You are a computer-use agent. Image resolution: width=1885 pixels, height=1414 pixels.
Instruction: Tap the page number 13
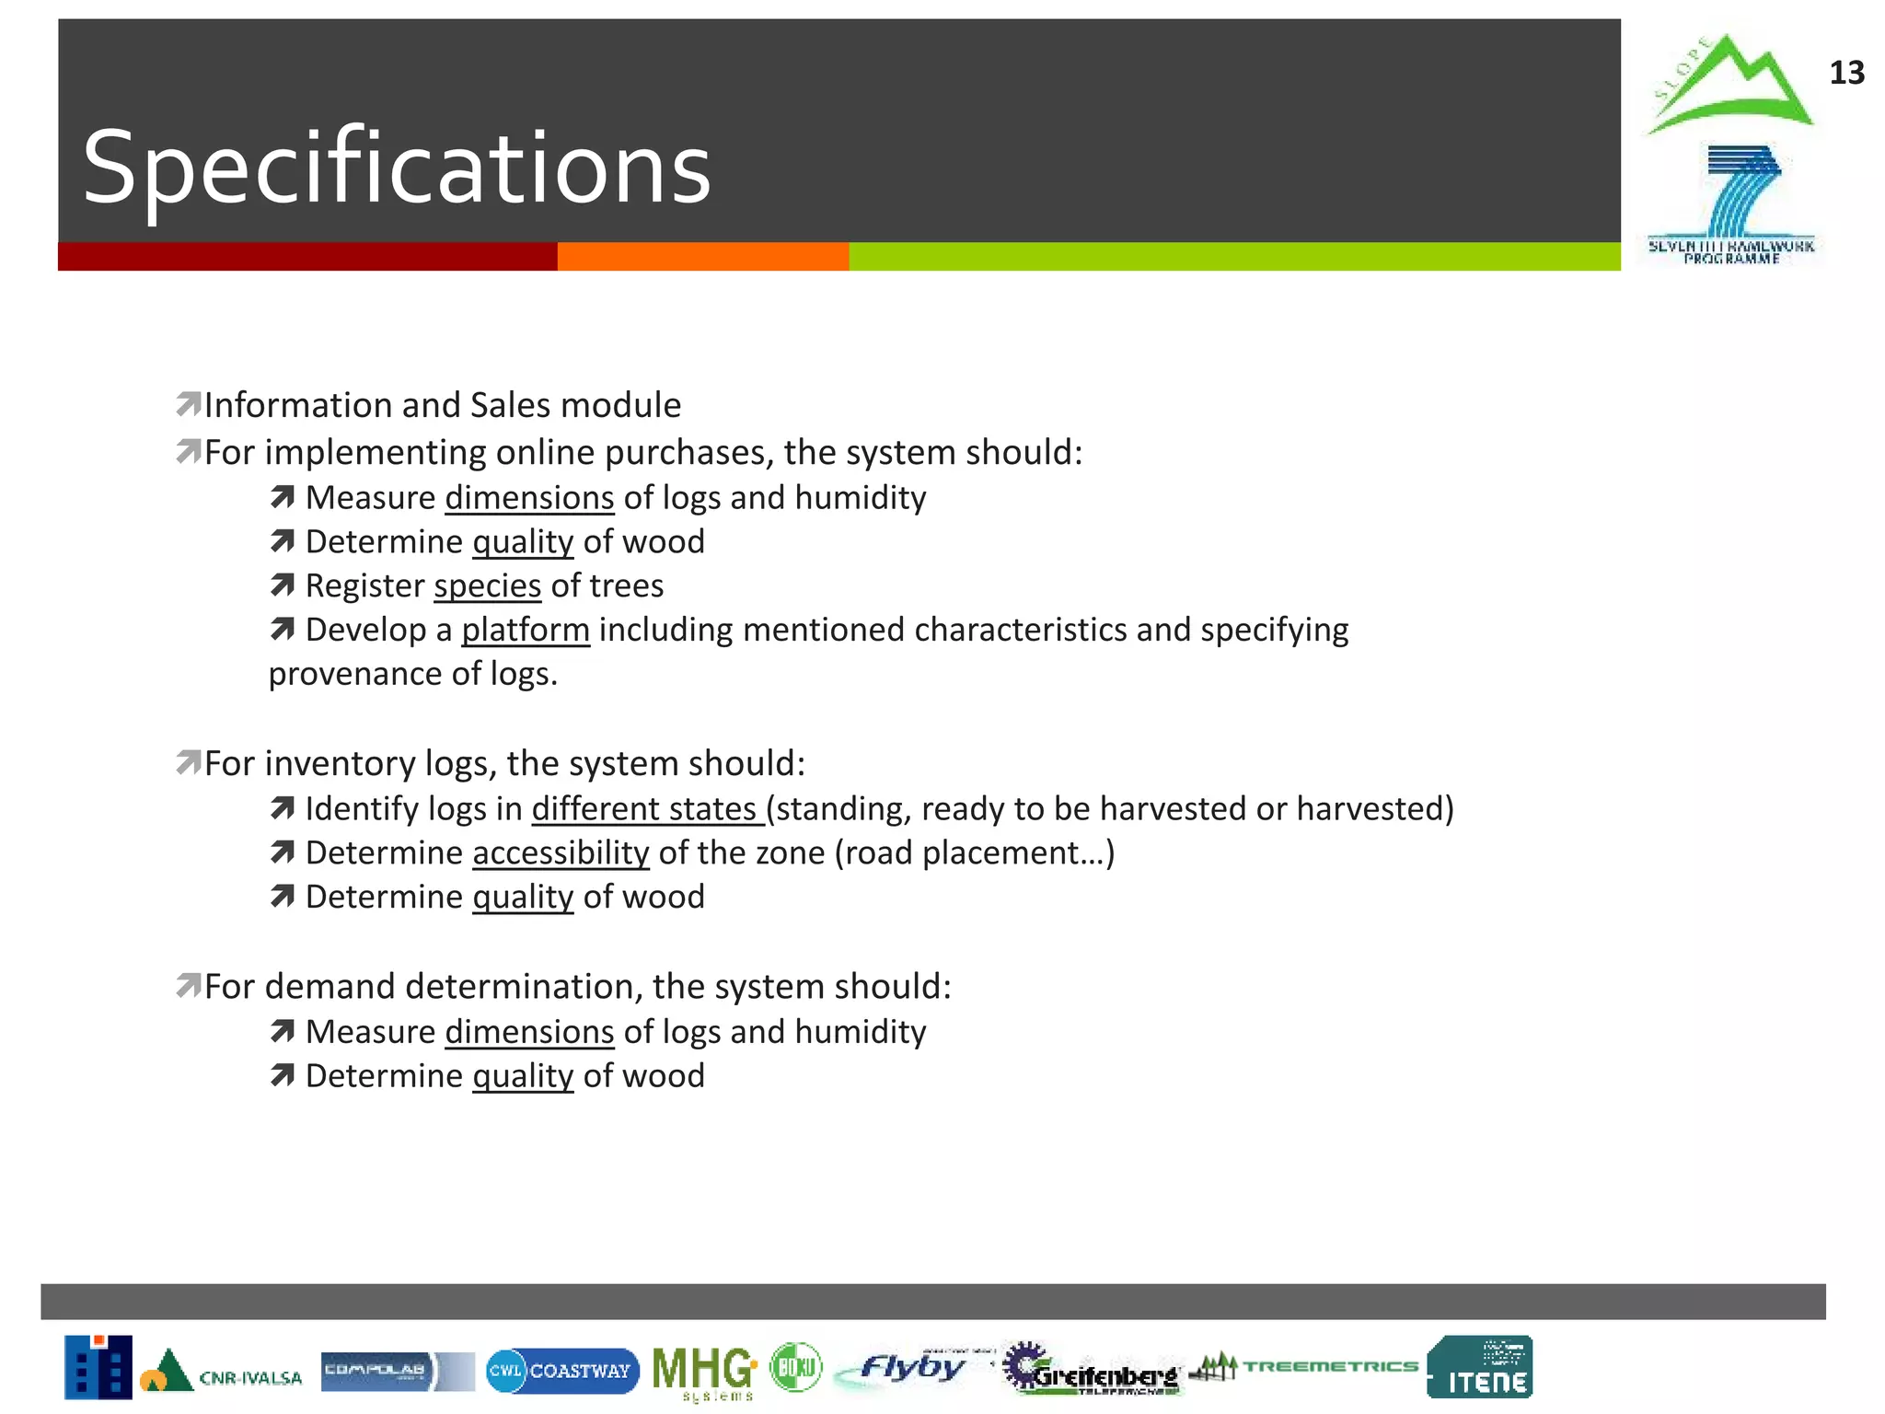pos(1845,73)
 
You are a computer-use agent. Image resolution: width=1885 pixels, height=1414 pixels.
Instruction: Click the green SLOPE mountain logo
pos(1729,85)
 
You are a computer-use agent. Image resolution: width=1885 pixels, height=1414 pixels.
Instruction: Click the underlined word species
pos(487,585)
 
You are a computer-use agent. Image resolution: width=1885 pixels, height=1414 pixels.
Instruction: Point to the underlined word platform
pos(525,630)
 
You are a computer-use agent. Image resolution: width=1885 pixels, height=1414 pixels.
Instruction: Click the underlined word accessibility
pos(561,852)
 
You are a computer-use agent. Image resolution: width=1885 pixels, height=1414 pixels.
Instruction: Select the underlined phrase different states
pos(646,808)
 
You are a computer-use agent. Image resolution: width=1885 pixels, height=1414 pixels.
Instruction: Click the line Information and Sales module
pos(442,405)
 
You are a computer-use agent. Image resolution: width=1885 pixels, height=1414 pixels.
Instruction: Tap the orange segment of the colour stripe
pos(702,257)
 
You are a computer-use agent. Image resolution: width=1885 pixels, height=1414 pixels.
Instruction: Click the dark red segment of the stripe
pos(306,257)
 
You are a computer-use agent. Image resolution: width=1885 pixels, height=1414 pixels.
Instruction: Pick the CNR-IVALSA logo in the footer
pos(222,1372)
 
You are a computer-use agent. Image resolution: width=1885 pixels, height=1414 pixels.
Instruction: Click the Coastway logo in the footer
pos(562,1371)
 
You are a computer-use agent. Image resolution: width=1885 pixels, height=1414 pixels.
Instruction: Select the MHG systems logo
pos(704,1372)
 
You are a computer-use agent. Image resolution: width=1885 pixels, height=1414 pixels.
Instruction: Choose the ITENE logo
pos(1479,1367)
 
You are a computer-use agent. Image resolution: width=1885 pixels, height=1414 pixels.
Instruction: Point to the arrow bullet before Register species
pos(283,585)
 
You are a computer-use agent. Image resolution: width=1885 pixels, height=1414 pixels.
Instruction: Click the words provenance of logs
pos(412,674)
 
